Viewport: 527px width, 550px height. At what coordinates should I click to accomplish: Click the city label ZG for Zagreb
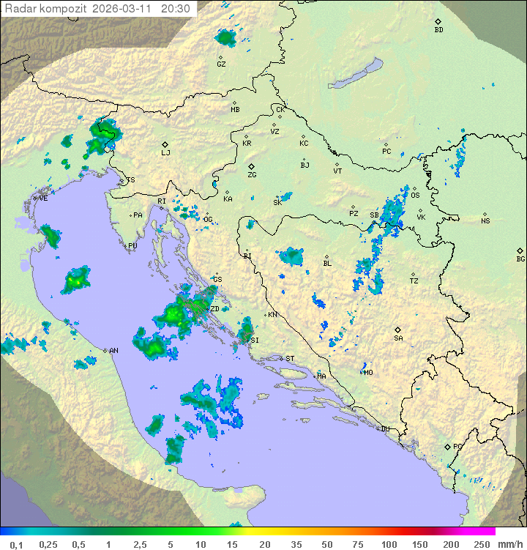[252, 175]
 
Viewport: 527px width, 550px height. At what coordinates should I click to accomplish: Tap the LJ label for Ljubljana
[165, 153]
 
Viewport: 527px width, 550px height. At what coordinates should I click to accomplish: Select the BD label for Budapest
[438, 30]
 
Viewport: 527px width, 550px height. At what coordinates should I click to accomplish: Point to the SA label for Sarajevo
[398, 338]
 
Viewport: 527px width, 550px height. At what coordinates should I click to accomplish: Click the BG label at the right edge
[520, 259]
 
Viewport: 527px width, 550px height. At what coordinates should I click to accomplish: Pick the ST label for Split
[290, 359]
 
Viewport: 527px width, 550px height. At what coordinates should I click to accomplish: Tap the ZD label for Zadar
[214, 309]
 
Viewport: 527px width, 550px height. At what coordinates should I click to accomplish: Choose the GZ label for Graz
[221, 64]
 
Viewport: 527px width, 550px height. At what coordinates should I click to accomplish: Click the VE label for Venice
[43, 198]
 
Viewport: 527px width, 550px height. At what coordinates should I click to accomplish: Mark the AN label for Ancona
[113, 351]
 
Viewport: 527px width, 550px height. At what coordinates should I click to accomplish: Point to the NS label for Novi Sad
[485, 221]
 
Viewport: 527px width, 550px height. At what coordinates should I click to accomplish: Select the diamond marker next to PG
[447, 446]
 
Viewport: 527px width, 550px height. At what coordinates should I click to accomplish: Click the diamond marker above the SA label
[397, 330]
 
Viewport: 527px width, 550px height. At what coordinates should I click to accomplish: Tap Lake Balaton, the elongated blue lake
[356, 74]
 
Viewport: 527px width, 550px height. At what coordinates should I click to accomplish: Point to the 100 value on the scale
[389, 545]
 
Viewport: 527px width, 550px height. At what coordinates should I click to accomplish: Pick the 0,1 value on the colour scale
[16, 545]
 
